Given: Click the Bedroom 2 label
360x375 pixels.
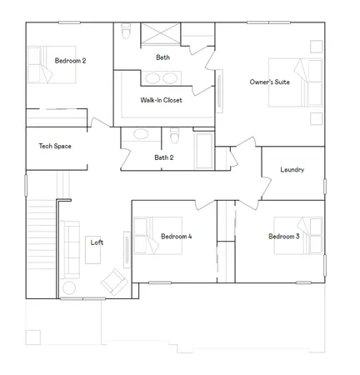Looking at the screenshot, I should pyautogui.click(x=71, y=61).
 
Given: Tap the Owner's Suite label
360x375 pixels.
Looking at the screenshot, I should pyautogui.click(x=270, y=82).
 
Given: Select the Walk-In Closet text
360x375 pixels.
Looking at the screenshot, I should pyautogui.click(x=161, y=100).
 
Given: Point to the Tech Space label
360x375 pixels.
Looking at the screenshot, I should pyautogui.click(x=55, y=147).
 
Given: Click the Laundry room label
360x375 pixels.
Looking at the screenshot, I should pyautogui.click(x=292, y=170).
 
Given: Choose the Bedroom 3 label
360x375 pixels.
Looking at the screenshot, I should pyautogui.click(x=283, y=237).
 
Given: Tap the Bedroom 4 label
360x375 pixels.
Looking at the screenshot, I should pyautogui.click(x=176, y=237).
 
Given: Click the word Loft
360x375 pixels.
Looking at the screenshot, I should pyautogui.click(x=97, y=242).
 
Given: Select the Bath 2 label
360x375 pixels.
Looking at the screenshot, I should pyautogui.click(x=163, y=157).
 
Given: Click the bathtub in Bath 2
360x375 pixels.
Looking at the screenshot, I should pyautogui.click(x=204, y=150).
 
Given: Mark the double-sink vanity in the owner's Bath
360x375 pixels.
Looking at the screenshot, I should pyautogui.click(x=161, y=78).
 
